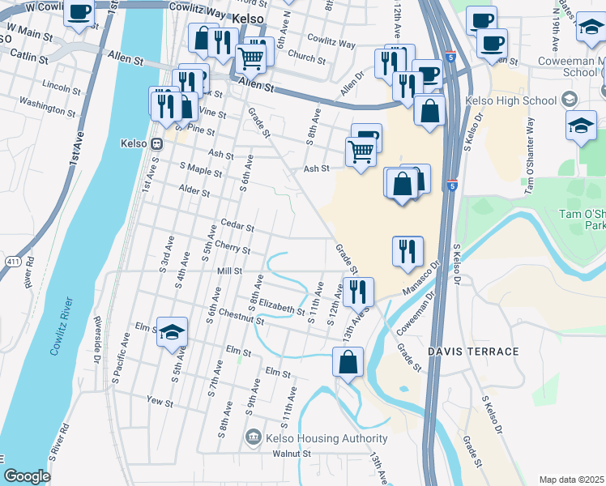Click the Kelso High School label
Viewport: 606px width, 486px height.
pos(511,100)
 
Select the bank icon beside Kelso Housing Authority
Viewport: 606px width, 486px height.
pos(254,438)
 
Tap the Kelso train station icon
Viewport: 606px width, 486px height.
pos(156,143)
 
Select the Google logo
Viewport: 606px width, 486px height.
pos(27,476)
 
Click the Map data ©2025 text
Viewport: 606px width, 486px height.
pos(570,480)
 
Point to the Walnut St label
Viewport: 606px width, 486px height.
pos(292,454)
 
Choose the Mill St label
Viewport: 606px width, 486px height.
pos(227,271)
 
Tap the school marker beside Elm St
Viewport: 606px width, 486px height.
pos(172,332)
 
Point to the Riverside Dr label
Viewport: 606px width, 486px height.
pos(100,341)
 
